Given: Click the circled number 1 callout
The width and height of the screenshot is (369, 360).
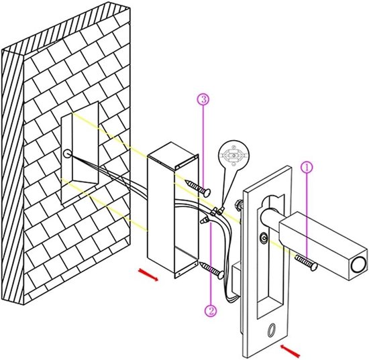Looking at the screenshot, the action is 307,168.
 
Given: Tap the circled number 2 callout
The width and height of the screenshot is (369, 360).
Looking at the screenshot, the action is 211,310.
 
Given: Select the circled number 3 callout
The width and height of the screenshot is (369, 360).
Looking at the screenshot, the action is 203,99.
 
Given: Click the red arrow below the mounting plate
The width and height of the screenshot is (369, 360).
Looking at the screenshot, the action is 291,351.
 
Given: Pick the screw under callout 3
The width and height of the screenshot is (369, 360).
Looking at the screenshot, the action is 198,188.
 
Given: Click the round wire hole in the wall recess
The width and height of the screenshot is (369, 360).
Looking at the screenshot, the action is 67,154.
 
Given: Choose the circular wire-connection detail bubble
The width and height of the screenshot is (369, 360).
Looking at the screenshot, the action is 233,155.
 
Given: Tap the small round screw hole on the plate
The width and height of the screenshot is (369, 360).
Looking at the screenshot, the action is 264,238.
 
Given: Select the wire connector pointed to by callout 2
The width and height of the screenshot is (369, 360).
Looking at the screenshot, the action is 204,221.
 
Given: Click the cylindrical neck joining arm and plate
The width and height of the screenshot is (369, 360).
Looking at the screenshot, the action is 270,218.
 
